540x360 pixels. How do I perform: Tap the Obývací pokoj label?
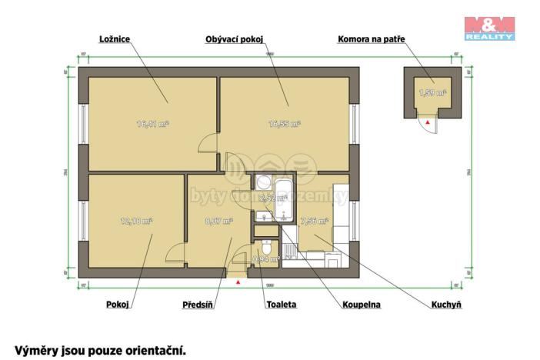point(235,38)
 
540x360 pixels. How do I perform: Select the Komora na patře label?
point(372,38)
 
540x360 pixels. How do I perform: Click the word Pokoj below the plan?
point(117,305)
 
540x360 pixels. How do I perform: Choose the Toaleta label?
point(281,305)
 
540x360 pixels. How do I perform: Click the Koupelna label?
point(362,305)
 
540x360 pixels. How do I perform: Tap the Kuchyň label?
point(446,305)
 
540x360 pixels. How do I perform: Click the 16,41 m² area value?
point(152,123)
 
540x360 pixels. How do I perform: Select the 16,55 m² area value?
point(284,123)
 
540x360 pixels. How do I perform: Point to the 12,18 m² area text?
point(136,220)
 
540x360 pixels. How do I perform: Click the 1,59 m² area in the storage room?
point(432,93)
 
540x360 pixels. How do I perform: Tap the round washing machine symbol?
point(261,182)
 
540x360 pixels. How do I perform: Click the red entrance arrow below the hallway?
point(238,282)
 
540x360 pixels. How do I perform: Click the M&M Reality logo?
point(489,27)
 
